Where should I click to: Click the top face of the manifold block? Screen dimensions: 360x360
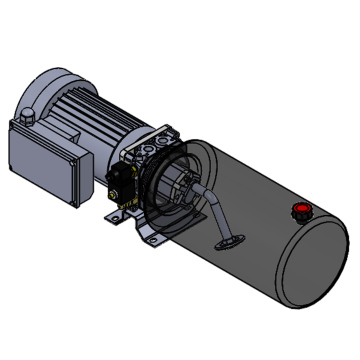click(150, 140)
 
